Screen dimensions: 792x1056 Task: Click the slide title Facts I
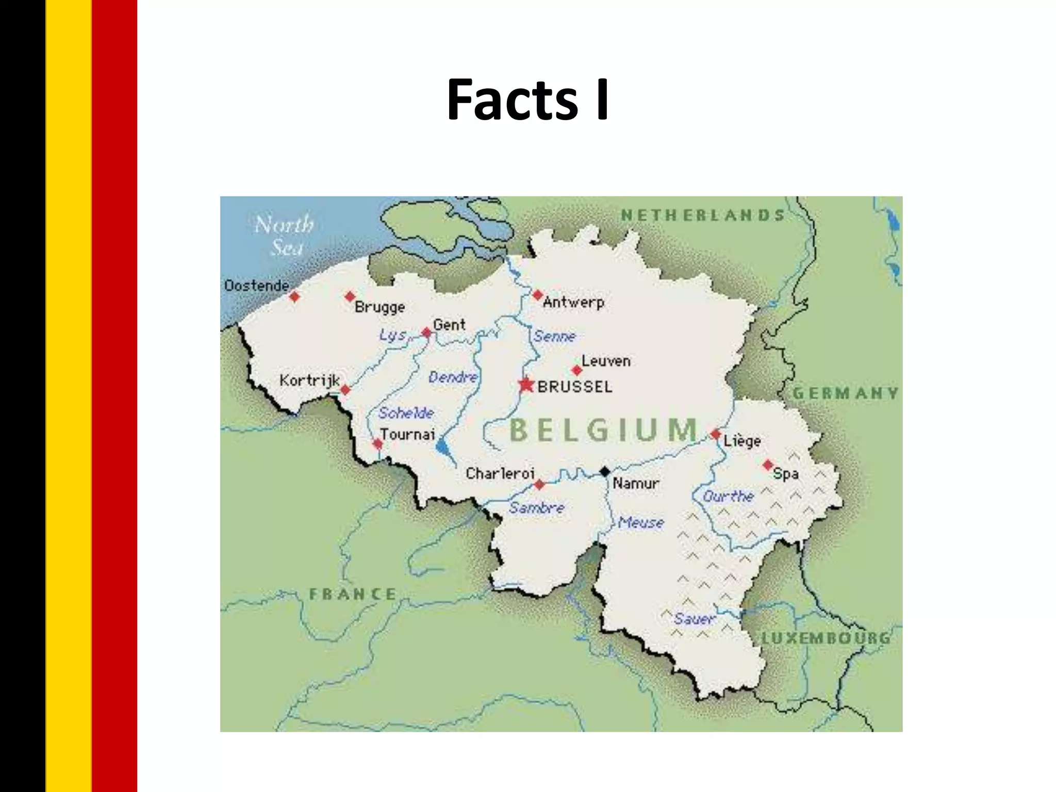(x=527, y=100)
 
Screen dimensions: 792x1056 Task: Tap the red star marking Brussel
(x=526, y=385)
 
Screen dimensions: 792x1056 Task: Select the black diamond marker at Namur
(x=605, y=471)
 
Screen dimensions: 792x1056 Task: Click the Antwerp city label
(x=573, y=302)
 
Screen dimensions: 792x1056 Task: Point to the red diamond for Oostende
(x=294, y=296)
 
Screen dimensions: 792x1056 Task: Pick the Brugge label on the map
(x=379, y=307)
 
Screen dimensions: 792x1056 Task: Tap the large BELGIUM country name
(x=603, y=430)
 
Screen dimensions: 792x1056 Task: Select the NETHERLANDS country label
(x=702, y=215)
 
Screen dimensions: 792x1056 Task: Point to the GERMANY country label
(x=845, y=393)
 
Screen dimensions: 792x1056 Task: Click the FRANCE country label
(x=353, y=594)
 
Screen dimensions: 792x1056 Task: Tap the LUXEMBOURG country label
(x=826, y=638)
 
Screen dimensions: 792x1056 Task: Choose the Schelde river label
(x=406, y=413)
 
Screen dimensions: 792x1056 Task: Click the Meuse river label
(x=641, y=523)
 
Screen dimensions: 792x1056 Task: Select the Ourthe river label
(x=728, y=497)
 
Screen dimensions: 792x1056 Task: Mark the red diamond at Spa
(x=768, y=465)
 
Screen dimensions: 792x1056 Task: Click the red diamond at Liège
(x=715, y=434)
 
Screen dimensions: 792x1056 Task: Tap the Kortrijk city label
(x=309, y=381)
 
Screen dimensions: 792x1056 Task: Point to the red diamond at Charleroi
(x=539, y=485)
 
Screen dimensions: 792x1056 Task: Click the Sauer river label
(x=694, y=618)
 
